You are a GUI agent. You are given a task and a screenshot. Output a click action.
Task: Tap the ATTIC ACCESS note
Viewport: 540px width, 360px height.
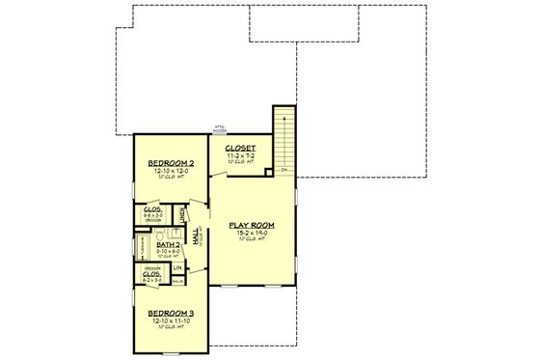point(221,129)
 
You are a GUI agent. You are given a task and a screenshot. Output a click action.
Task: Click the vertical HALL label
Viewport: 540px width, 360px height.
point(197,238)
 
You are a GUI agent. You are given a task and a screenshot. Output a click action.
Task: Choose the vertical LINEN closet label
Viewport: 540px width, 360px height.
point(182,214)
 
